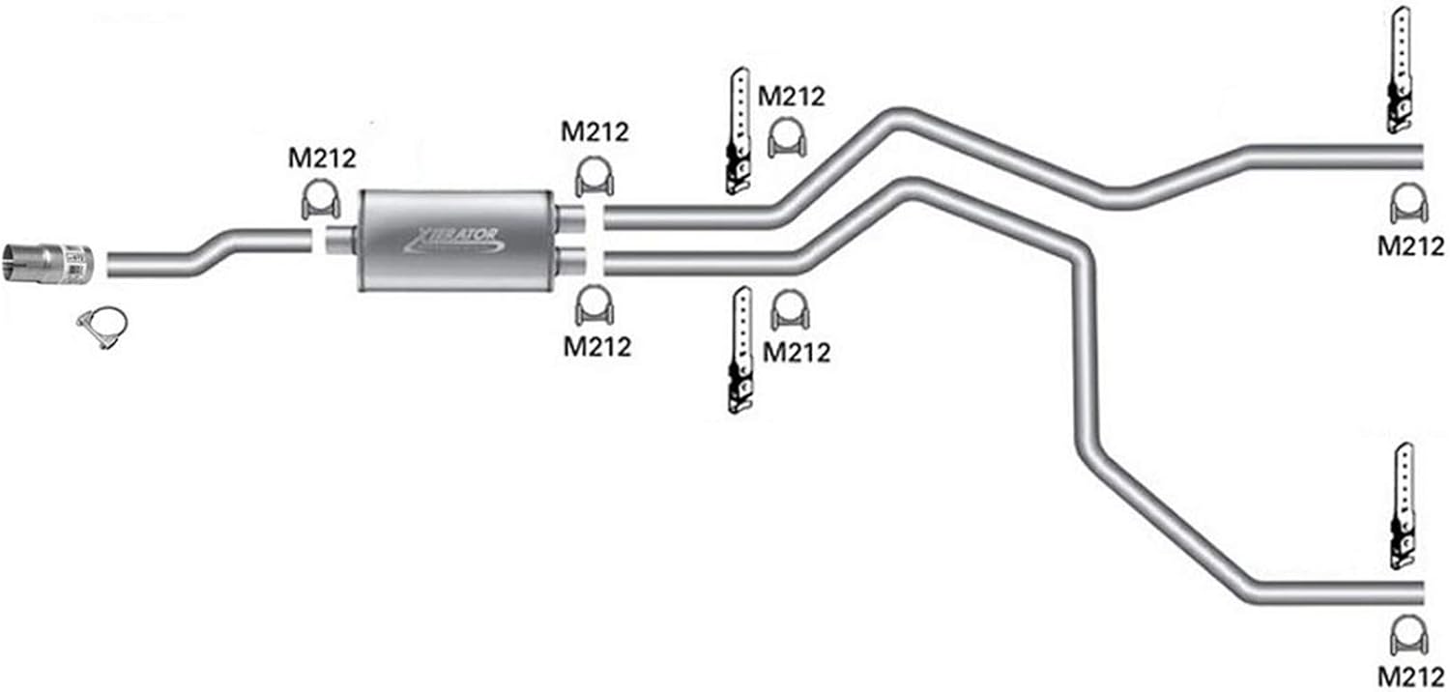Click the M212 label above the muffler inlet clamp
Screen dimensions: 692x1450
click(x=322, y=158)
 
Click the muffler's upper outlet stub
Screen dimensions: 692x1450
click(x=569, y=217)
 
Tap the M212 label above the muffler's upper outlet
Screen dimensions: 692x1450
click(x=594, y=131)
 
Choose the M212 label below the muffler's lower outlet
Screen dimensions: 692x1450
click(x=597, y=346)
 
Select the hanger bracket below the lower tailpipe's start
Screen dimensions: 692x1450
click(x=740, y=350)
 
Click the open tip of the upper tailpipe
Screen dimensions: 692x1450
click(x=1418, y=157)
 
